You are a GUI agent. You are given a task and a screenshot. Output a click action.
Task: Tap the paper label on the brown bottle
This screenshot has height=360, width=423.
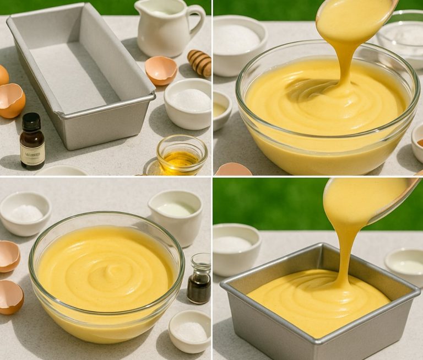tap(32, 155)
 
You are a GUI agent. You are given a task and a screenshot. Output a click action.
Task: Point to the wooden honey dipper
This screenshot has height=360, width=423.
tap(200, 62)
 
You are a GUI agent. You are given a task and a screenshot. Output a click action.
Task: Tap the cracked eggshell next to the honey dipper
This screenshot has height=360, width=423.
tap(161, 70)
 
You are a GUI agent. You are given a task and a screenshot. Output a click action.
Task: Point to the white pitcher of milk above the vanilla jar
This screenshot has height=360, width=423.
tap(175, 212)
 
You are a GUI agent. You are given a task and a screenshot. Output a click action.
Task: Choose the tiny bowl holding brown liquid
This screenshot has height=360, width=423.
tap(417, 142)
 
